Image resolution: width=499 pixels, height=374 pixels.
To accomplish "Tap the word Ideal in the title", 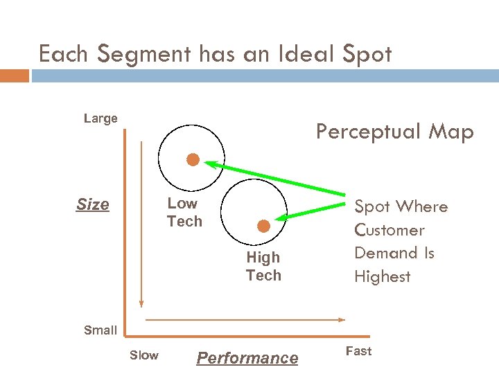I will pos(304,54).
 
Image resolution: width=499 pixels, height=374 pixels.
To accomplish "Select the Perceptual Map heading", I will pos(394,132).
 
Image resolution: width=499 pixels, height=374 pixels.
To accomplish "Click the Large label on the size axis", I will pos(100,118).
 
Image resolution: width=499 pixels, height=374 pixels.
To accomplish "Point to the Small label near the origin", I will pos(100,330).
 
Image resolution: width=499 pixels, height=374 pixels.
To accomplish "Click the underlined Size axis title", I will pos(93,205).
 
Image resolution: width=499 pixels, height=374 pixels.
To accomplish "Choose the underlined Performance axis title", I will pos(247,358).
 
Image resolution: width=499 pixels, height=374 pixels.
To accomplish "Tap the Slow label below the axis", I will pos(144,355).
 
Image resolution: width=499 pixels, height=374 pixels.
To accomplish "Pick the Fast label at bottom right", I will pos(359,351).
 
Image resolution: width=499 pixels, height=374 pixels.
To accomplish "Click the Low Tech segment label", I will pos(184,213).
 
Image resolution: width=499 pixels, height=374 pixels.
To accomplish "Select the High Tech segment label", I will pos(263,267).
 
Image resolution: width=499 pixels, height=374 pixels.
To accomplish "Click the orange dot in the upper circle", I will pos(193,160).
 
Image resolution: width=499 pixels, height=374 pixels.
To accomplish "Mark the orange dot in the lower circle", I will pos(263,226).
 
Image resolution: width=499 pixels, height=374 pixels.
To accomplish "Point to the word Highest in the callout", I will pos(383,277).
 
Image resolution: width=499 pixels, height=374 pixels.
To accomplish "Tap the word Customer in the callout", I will pos(389,230).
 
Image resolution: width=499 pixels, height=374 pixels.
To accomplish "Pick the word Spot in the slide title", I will pos(368,54).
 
